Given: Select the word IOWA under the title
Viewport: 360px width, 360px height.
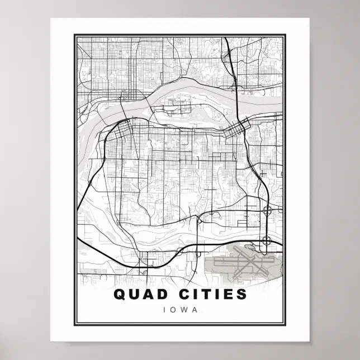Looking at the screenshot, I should (180, 309).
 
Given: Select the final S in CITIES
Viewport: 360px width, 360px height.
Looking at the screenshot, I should (242, 293).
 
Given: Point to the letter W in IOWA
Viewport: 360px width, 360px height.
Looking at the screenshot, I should (184, 309).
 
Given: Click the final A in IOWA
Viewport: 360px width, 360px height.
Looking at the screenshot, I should (195, 309).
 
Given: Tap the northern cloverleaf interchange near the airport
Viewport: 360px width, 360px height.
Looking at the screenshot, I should (267, 211).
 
